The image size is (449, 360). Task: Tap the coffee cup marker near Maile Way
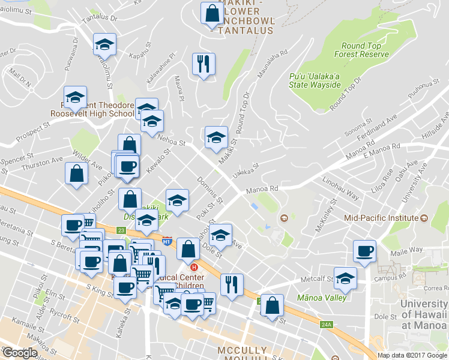365,251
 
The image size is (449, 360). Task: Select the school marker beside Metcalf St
345,278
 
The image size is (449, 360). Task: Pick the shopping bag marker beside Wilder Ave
77,174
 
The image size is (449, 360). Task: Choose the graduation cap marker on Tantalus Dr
104,44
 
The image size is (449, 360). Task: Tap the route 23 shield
121,229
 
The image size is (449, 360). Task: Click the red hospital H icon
194,267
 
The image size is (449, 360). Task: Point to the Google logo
20,353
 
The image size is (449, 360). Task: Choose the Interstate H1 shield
167,241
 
